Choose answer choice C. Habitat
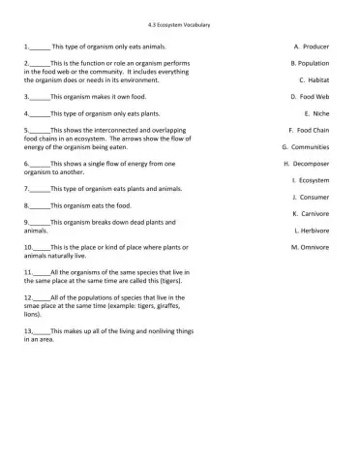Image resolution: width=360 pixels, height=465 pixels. tap(315, 80)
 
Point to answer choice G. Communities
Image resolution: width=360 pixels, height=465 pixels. tap(305, 147)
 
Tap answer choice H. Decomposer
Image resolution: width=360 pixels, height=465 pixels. tap(307, 165)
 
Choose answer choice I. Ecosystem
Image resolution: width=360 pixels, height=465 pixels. tap(310, 180)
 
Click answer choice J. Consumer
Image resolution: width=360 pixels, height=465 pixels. tap(310, 197)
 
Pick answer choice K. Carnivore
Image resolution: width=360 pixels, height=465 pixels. tap(311, 213)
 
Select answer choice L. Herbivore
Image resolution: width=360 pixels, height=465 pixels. tap(311, 231)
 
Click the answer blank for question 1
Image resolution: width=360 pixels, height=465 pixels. tap(40, 46)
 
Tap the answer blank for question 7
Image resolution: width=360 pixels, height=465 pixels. tap(40, 188)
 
